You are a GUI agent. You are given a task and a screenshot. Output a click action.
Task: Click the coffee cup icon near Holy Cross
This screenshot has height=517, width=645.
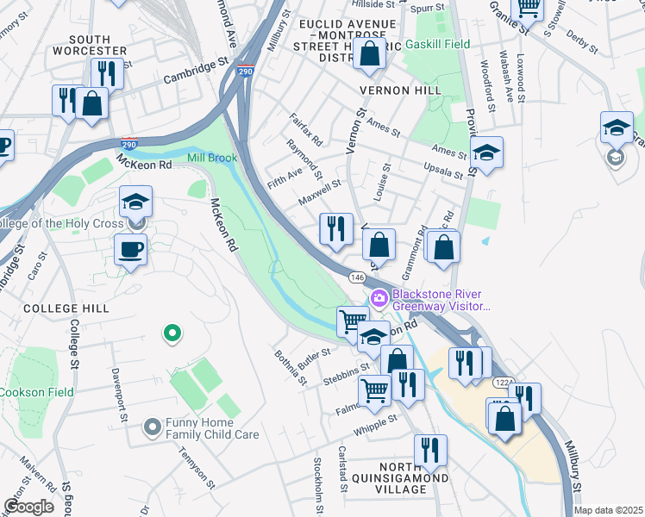pyautogui.click(x=130, y=250)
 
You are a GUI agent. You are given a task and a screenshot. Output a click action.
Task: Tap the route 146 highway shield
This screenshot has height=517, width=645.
pyautogui.click(x=356, y=277)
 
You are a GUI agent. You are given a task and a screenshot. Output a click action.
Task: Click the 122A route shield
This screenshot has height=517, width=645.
pyautogui.click(x=502, y=381)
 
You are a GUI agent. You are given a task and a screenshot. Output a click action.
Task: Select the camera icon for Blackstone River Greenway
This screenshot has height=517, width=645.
pyautogui.click(x=379, y=298)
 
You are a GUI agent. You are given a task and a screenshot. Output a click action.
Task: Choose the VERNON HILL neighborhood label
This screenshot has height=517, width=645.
pyautogui.click(x=402, y=90)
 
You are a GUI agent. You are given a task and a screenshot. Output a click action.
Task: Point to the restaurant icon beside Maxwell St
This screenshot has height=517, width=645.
pyautogui.click(x=334, y=228)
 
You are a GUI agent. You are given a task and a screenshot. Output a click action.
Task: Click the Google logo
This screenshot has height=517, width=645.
pyautogui.click(x=28, y=507)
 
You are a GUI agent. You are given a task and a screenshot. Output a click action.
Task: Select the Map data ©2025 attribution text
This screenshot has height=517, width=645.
pyautogui.click(x=608, y=510)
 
